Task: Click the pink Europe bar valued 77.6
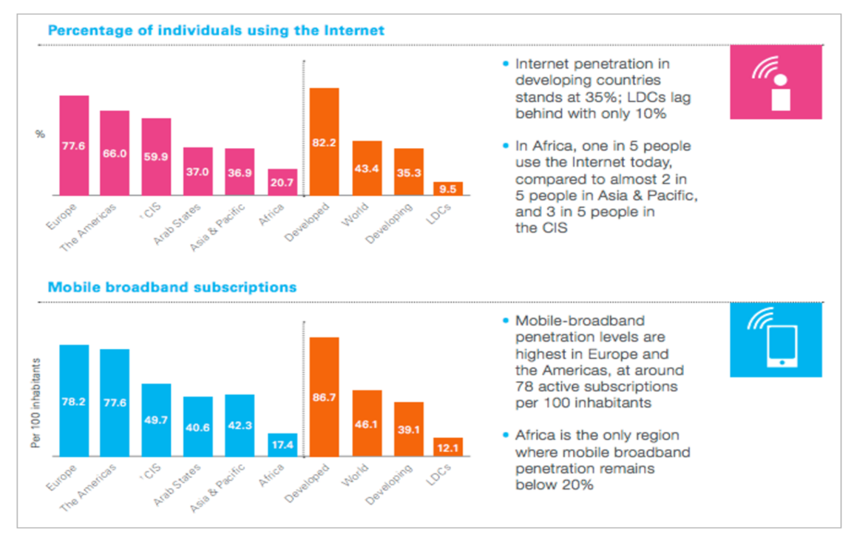click(74, 145)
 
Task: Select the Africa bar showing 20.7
click(282, 182)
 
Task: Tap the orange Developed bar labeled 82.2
click(324, 141)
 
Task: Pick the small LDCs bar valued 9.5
click(448, 189)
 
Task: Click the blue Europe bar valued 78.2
click(74, 400)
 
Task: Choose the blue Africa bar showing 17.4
click(282, 445)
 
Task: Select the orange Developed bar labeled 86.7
click(324, 396)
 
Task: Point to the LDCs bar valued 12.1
click(448, 447)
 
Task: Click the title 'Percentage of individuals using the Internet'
click(216, 30)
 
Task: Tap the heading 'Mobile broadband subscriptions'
click(172, 286)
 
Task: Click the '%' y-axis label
click(41, 134)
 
